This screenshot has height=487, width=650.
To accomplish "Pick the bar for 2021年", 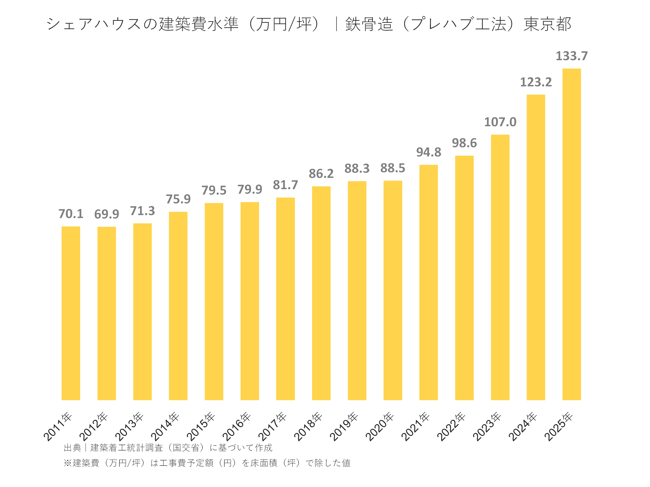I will [x=428, y=282].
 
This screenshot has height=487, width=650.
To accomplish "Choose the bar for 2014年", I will [x=178, y=306].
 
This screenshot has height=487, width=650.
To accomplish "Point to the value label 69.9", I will [x=107, y=214].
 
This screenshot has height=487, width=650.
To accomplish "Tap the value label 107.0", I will [x=500, y=122].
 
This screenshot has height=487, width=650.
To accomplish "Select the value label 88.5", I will [x=392, y=168].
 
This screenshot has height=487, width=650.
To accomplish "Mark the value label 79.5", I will [x=214, y=190].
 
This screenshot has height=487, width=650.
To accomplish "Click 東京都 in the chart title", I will [x=547, y=24].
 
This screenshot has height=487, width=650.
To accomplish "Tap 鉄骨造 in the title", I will [x=369, y=24].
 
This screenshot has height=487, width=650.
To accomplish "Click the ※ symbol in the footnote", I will [x=67, y=463].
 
